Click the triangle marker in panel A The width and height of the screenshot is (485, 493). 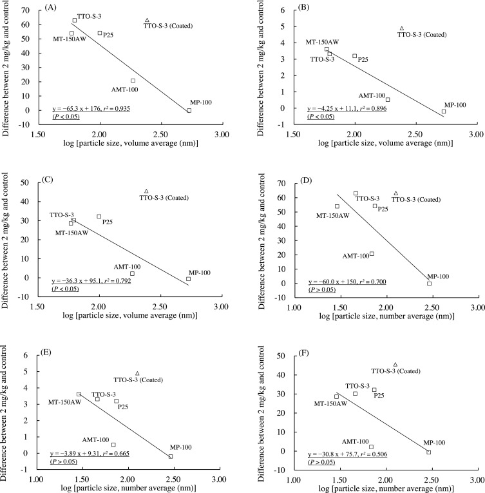tap(147, 21)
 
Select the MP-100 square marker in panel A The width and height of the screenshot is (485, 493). tap(189, 110)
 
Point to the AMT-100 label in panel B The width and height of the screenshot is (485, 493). tap(372, 95)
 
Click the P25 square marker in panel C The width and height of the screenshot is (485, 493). tap(99, 217)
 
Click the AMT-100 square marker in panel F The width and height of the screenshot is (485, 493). tap(371, 447)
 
